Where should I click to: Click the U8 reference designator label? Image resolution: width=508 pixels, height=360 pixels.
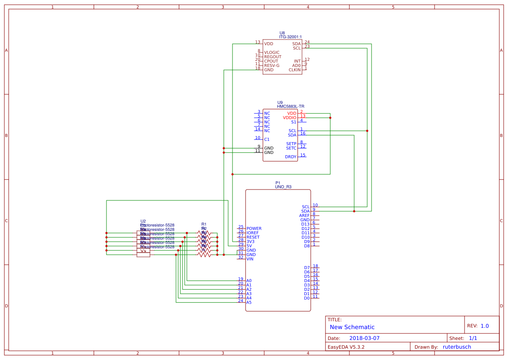282,33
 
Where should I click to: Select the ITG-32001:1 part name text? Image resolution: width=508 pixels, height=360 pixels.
290,37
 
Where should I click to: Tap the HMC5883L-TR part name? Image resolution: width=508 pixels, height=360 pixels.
290,107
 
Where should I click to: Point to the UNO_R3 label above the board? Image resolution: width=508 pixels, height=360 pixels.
283,187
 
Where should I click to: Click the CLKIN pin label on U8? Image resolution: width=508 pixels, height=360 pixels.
295,70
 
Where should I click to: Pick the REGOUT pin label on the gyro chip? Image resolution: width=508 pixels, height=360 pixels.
272,57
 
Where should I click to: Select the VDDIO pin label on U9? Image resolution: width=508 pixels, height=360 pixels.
289,118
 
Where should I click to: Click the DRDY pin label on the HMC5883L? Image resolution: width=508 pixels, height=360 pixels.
291,157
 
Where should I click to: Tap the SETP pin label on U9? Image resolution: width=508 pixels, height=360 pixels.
291,144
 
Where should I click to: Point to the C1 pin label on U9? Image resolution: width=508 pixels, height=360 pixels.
267,140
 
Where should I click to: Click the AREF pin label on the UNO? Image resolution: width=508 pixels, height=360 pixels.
304,216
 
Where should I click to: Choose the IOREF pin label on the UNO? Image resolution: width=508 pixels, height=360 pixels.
252,233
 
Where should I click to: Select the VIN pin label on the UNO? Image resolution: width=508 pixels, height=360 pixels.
250,259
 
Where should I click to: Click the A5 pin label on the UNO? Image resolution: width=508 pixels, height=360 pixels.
249,303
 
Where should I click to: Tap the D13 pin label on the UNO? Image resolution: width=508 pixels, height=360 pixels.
305,224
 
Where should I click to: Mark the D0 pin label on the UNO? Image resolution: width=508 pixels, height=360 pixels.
307,298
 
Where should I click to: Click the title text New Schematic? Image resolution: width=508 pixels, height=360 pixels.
352,327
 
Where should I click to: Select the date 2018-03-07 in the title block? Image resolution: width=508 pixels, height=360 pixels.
364,338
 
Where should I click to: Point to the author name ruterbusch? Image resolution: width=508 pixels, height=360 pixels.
457,347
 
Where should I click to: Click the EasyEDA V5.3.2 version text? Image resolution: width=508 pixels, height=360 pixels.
346,347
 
